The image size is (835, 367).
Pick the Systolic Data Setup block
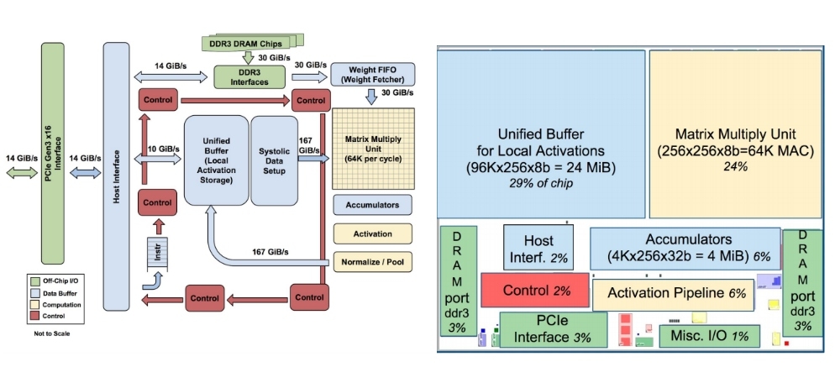pos(275,159)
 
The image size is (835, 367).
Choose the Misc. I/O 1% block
pos(710,336)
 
